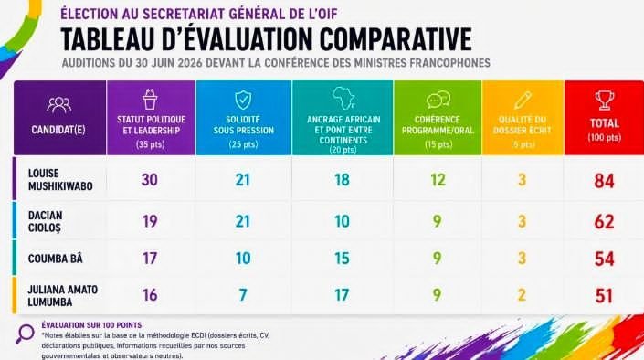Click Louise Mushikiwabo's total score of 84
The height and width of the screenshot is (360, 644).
click(x=604, y=181)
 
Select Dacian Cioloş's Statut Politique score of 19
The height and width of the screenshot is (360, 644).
click(x=150, y=221)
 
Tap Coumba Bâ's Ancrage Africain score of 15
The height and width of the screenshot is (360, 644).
click(x=342, y=259)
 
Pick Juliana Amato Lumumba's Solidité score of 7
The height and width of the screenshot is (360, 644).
click(x=243, y=294)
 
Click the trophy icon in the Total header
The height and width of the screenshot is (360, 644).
click(x=605, y=100)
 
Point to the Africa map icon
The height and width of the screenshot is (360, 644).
click(x=343, y=98)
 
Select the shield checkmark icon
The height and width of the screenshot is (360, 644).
click(x=243, y=100)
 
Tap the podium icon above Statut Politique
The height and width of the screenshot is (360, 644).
click(x=150, y=99)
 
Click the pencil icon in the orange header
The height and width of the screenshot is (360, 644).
click(x=523, y=100)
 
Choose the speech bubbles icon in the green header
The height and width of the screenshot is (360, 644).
click(x=438, y=100)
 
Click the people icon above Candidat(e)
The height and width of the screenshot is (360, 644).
click(x=58, y=104)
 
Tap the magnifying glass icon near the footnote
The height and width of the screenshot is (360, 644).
click(x=25, y=334)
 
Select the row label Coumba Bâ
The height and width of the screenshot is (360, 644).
click(x=56, y=259)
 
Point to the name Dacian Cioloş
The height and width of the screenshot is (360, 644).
click(x=45, y=221)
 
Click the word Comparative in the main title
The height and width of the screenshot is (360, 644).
click(x=396, y=39)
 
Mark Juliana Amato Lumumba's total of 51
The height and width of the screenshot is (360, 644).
click(x=604, y=295)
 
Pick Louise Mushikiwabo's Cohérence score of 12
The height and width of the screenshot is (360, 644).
click(x=438, y=180)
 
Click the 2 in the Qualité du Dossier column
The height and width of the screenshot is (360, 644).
click(x=522, y=294)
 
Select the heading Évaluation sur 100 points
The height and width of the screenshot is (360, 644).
click(x=91, y=325)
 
